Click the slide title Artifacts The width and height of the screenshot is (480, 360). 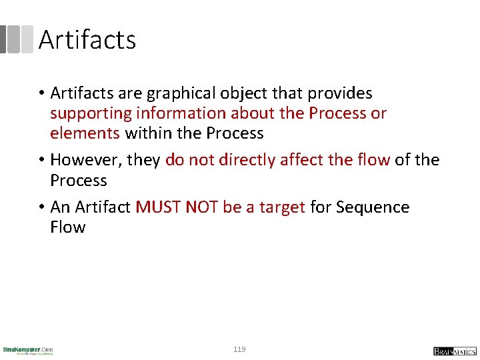pyautogui.click(x=87, y=40)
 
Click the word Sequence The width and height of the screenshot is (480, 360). pyautogui.click(x=373, y=208)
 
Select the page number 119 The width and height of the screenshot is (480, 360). pyautogui.click(x=240, y=349)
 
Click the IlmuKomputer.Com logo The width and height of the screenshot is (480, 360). pyautogui.click(x=28, y=350)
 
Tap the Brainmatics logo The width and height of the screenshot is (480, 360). pyautogui.click(x=454, y=351)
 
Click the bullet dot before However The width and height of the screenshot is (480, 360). pyautogui.click(x=41, y=161)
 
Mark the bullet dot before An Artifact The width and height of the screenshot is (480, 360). pyautogui.click(x=41, y=208)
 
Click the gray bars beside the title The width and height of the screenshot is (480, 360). pyautogui.click(x=17, y=39)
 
